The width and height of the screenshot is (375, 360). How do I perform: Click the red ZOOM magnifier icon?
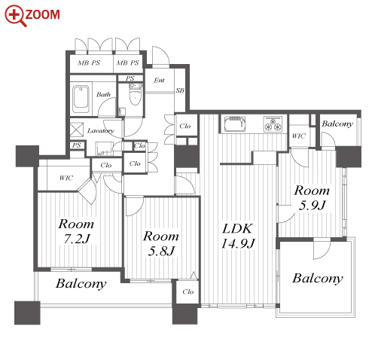(x=16, y=16)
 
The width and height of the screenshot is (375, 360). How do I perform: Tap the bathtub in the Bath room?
(x=81, y=99)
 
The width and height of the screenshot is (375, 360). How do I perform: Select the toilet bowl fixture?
(x=135, y=95)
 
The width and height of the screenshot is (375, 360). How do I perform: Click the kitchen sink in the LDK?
(x=235, y=124)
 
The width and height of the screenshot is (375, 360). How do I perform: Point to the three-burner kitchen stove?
(x=273, y=124)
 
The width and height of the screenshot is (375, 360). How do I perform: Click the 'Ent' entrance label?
(x=159, y=81)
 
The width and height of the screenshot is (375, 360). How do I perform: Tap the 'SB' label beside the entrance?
(x=180, y=90)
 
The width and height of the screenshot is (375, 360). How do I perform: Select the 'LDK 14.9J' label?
(x=238, y=236)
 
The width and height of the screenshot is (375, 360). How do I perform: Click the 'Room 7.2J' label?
(x=76, y=231)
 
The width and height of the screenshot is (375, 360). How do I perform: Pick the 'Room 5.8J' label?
(x=161, y=243)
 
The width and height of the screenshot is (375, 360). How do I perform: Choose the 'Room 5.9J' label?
(x=312, y=197)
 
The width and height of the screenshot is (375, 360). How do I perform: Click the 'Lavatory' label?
(x=101, y=131)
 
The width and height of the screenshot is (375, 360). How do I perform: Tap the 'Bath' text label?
(x=103, y=95)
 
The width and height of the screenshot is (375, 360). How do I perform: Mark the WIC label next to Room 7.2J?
(x=66, y=178)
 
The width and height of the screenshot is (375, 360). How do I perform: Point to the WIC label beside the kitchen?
(x=299, y=136)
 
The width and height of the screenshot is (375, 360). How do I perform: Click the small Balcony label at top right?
(x=337, y=124)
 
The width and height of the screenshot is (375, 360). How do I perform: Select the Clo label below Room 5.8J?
(x=188, y=291)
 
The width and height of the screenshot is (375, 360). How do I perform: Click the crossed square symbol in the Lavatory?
(x=77, y=130)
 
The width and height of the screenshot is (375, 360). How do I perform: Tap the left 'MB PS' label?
(x=89, y=63)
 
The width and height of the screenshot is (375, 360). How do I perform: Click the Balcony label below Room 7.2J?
(x=81, y=284)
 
